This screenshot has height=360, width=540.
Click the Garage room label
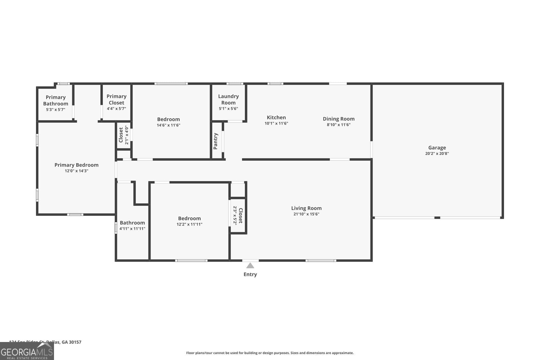(x=437, y=147)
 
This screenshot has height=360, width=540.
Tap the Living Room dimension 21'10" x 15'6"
(x=306, y=214)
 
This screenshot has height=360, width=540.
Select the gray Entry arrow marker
(x=250, y=265)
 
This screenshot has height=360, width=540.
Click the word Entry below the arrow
(x=250, y=274)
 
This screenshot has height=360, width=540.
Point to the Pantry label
(x=216, y=141)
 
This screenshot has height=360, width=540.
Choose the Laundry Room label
(x=228, y=99)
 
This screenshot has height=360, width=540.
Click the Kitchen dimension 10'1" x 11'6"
(x=276, y=123)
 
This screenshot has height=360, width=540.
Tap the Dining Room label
(x=338, y=119)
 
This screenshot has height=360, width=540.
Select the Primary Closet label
(x=116, y=99)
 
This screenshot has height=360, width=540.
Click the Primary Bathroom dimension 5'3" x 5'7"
(x=56, y=109)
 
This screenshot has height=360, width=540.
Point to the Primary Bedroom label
(x=76, y=165)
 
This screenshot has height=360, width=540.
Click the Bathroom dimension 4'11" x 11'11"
(x=132, y=229)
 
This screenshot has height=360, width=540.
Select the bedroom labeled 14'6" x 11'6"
(x=168, y=119)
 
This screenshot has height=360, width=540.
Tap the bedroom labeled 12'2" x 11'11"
(x=189, y=218)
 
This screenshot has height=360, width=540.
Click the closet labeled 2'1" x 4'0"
(x=121, y=135)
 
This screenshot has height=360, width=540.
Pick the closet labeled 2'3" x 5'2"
(x=240, y=216)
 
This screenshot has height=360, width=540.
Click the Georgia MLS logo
(x=27, y=352)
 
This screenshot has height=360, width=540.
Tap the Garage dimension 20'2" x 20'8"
(x=437, y=154)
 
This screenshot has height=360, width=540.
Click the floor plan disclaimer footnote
(x=270, y=353)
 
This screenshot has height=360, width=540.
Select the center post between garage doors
(x=437, y=218)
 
